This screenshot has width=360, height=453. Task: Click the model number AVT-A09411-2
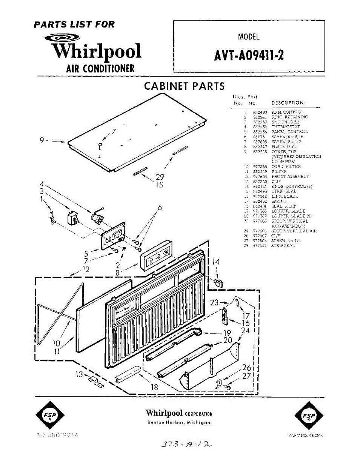tap(249, 55)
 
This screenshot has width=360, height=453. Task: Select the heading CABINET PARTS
tap(184, 86)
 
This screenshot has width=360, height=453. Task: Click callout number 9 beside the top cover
tap(43, 141)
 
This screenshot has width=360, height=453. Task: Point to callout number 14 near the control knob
tap(215, 262)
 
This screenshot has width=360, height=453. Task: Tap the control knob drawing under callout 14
tap(218, 283)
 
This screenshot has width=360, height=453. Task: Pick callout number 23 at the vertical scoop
tap(214, 302)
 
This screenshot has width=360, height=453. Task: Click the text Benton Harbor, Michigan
tap(179, 422)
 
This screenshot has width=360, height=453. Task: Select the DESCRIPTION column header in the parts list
tap(287, 103)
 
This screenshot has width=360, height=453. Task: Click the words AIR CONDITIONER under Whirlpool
tap(100, 68)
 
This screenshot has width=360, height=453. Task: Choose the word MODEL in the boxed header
tap(249, 37)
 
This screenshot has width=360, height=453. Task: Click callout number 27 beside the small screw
tap(246, 376)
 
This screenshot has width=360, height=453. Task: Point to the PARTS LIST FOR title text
tap(74, 25)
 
